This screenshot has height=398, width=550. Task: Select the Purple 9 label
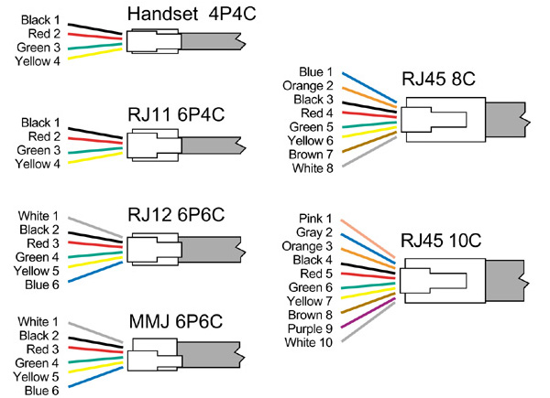coord(313,328)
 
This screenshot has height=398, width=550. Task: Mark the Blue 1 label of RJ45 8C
coord(316,71)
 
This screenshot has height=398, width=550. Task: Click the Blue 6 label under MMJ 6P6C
coord(41,390)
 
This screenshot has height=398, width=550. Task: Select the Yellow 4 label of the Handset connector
coord(38,61)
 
